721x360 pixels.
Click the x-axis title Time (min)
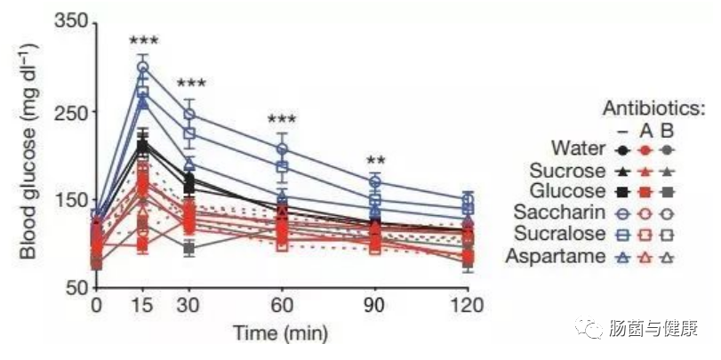(x=280, y=334)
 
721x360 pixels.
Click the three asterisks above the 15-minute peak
(x=142, y=41)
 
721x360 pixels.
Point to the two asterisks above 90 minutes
(x=375, y=161)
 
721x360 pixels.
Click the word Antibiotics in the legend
(x=654, y=108)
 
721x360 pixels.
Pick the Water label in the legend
(x=578, y=148)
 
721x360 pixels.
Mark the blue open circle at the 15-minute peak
(x=142, y=68)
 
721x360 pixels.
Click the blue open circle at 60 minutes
(x=282, y=149)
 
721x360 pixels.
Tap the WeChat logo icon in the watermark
(x=589, y=327)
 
